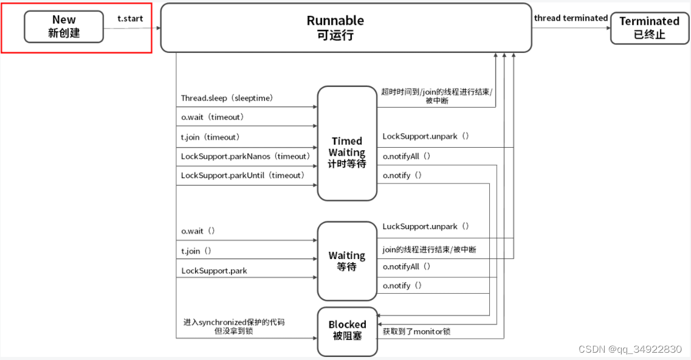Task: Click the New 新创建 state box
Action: [x=64, y=27]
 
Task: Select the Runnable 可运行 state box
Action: [x=346, y=27]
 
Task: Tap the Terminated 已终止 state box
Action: [x=649, y=28]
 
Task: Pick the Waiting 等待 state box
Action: [x=347, y=261]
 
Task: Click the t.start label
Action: [x=130, y=18]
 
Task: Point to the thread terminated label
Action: [x=571, y=18]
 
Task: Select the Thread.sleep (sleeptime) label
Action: [x=227, y=98]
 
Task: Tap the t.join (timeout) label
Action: [x=210, y=137]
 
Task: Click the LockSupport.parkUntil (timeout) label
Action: [x=242, y=175]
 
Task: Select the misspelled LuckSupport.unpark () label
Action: [x=425, y=226]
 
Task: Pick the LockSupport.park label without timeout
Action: [x=214, y=271]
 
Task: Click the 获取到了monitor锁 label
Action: [x=416, y=331]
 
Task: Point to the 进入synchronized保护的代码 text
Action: [x=234, y=322]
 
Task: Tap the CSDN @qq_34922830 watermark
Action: [x=630, y=349]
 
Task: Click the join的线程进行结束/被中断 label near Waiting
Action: [x=429, y=249]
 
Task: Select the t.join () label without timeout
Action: [x=196, y=251]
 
